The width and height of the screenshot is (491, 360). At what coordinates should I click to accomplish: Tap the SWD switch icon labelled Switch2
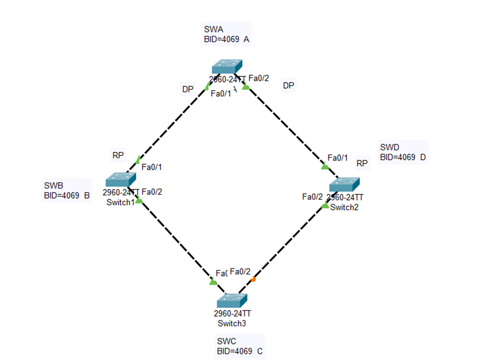click(x=345, y=184)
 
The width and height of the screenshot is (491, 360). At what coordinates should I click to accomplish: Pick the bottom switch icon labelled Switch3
click(x=232, y=300)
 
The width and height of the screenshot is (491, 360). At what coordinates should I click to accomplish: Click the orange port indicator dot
click(x=254, y=279)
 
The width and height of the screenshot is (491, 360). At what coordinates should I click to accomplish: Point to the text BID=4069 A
click(x=227, y=39)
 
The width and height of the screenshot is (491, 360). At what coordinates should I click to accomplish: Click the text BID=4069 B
click(x=67, y=196)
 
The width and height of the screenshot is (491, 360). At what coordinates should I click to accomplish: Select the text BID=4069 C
click(x=239, y=351)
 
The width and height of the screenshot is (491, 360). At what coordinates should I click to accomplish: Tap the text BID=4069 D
click(x=403, y=157)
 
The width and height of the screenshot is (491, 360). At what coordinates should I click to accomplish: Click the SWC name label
click(x=226, y=341)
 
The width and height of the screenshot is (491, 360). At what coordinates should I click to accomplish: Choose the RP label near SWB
click(x=118, y=156)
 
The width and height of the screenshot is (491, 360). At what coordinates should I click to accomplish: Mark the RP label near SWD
click(x=362, y=163)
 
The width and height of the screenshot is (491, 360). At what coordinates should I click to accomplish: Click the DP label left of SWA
click(x=188, y=90)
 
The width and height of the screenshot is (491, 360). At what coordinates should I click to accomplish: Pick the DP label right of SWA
click(x=288, y=86)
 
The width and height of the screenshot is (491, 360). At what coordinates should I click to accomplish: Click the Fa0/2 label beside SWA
click(x=259, y=78)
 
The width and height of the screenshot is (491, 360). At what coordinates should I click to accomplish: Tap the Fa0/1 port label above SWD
click(x=337, y=158)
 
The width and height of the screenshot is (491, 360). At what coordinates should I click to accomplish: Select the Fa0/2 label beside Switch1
click(x=152, y=192)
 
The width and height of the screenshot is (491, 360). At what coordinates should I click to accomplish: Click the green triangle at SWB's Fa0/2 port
click(x=139, y=201)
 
